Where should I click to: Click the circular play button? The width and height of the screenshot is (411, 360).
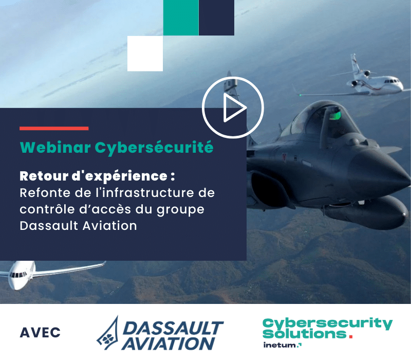click(x=233, y=107)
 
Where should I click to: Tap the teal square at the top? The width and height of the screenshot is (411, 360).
click(x=181, y=17)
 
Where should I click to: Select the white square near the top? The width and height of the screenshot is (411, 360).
click(x=145, y=53)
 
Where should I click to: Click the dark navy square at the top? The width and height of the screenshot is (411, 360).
click(x=216, y=17)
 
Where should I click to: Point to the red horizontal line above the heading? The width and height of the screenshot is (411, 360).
click(x=54, y=128)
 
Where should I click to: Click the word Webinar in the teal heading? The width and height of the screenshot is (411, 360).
click(x=55, y=147)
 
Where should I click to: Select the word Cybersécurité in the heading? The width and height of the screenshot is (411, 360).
click(x=154, y=148)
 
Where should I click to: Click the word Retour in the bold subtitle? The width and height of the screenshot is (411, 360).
click(x=44, y=176)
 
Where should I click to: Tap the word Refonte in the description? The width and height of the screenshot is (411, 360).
click(x=45, y=193)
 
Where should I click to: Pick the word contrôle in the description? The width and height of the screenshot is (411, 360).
click(x=47, y=209)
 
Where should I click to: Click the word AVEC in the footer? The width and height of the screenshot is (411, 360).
click(x=40, y=333)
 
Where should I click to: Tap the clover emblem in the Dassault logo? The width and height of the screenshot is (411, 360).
click(x=107, y=339)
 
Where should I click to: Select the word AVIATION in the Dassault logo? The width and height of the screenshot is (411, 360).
click(x=168, y=344)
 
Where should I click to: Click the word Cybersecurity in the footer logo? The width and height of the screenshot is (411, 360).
click(x=327, y=324)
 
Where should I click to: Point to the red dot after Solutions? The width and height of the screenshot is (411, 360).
click(x=351, y=336)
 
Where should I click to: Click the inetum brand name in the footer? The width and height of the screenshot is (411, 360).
click(x=280, y=345)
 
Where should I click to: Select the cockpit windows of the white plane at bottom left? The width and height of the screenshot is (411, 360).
click(x=18, y=275)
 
